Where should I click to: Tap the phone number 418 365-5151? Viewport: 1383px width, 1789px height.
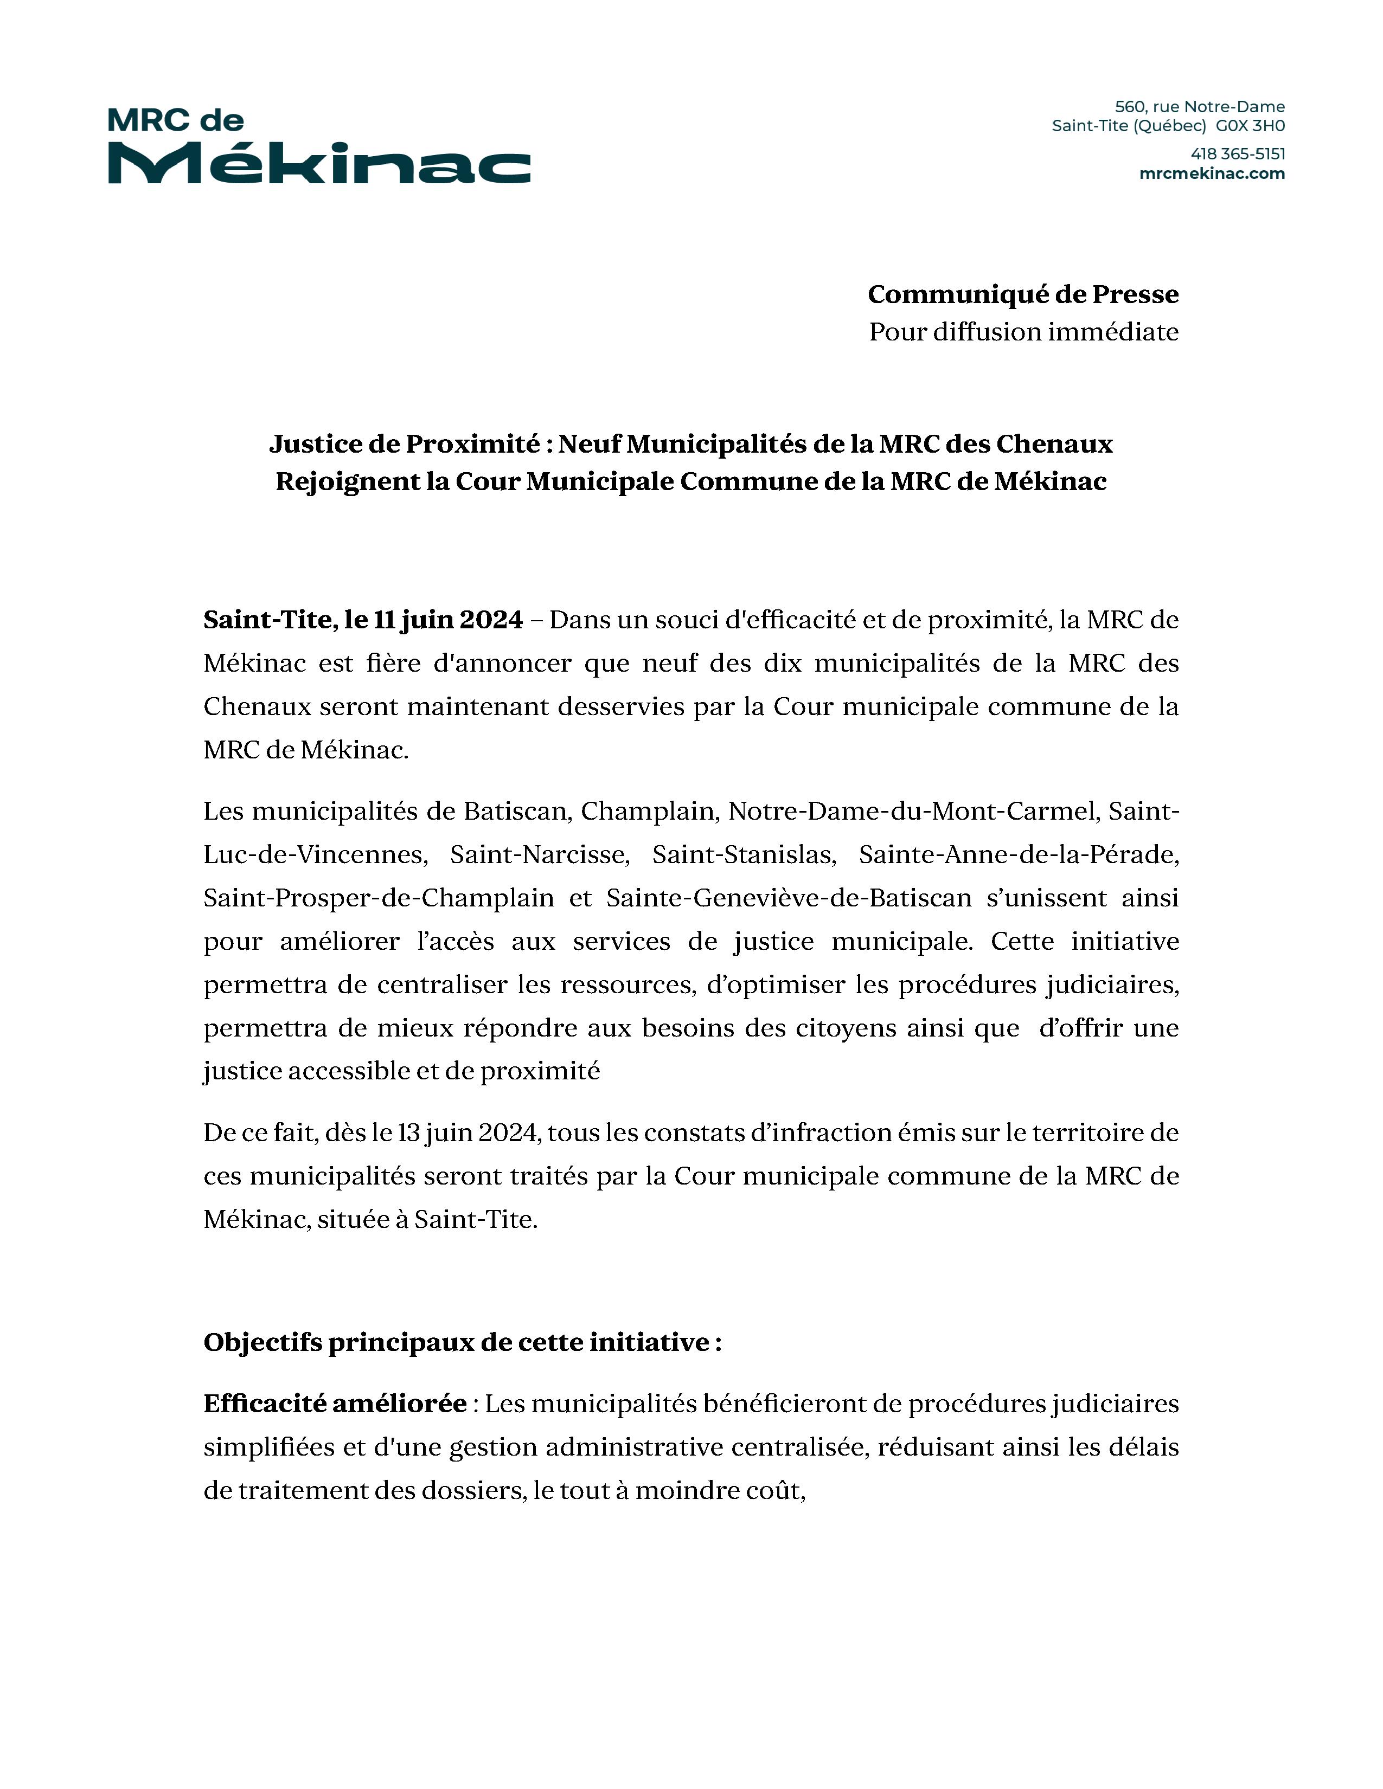(x=1237, y=154)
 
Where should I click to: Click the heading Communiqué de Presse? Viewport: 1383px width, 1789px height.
(x=1022, y=294)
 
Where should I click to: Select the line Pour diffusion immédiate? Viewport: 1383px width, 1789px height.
(x=1023, y=332)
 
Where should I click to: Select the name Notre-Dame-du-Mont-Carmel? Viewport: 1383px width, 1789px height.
(x=912, y=811)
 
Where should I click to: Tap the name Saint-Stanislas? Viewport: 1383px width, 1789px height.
(x=743, y=854)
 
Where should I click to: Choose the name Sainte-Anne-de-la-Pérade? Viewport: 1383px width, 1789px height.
(x=1019, y=854)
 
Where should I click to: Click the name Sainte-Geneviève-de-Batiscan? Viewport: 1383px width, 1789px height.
(x=788, y=898)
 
